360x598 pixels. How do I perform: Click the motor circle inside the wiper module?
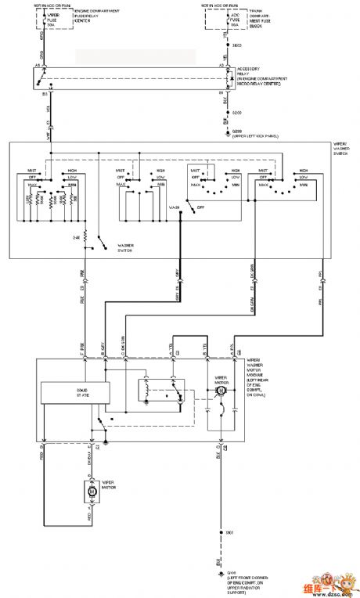click(x=221, y=390)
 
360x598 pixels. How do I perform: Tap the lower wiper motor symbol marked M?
click(x=90, y=491)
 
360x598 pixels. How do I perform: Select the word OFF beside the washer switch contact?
click(x=200, y=207)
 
